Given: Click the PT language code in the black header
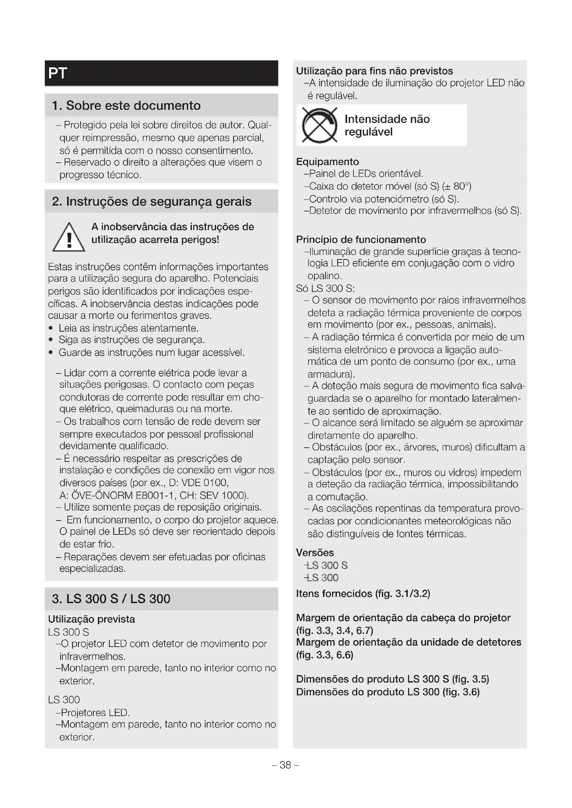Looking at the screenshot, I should [58, 73].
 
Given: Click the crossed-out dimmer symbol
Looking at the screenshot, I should [320, 125].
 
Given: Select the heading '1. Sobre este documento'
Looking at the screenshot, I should [126, 106].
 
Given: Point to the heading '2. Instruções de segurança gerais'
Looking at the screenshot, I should [151, 202].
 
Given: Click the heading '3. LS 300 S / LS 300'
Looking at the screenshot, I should [111, 599].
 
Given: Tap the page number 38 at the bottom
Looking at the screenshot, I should [285, 765].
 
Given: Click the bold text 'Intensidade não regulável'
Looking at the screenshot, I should [387, 125].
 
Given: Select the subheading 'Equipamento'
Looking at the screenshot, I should [327, 162].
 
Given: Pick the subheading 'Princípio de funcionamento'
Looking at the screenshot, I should [361, 240].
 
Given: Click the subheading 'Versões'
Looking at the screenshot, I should [314, 552].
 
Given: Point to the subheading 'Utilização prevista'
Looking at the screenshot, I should [91, 619].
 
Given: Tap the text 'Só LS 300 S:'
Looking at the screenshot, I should [325, 288].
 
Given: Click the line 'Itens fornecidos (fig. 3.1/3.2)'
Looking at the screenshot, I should [363, 594].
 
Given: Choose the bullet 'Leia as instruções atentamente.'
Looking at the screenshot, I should [128, 328].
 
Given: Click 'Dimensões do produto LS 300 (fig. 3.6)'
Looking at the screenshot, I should [387, 692].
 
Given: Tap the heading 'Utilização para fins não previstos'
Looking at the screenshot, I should [374, 71].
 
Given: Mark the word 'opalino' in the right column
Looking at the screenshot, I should [324, 276].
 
